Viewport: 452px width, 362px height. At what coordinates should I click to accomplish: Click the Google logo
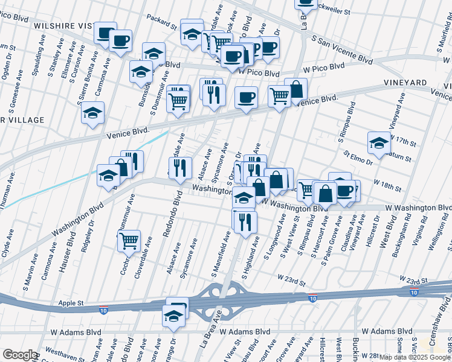(20, 355)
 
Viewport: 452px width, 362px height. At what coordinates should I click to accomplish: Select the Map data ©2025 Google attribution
(415, 357)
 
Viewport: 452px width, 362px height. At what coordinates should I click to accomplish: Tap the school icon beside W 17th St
(379, 144)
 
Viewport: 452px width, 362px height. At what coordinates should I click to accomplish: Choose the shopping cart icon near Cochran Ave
(129, 241)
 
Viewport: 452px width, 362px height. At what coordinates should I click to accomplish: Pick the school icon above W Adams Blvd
(173, 316)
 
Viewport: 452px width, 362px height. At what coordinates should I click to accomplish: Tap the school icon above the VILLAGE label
(92, 113)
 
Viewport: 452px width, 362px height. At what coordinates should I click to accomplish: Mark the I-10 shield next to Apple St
(104, 310)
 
